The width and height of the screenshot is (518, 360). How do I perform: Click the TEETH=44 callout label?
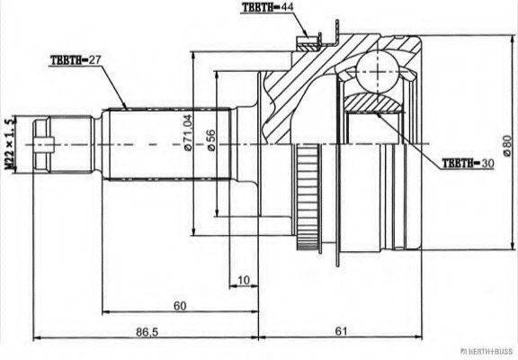tap(267, 8)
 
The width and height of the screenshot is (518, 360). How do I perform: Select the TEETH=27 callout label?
tap(76, 61)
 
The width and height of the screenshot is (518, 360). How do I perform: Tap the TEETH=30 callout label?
tap(469, 164)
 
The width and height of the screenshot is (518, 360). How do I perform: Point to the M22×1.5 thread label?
tap(12, 142)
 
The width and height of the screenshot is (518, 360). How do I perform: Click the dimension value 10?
tap(244, 280)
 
